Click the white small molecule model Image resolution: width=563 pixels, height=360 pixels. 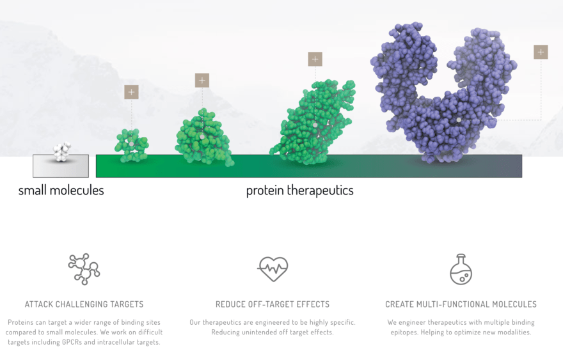point(61,152)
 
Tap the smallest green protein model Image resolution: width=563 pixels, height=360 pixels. point(132,145)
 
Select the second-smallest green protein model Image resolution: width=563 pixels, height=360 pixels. point(203,137)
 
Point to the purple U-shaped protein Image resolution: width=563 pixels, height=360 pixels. point(441,96)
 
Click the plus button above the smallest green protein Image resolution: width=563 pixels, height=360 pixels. point(131,92)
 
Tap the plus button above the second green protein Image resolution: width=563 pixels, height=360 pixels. point(202,81)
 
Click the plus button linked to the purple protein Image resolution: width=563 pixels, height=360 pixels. point(541,52)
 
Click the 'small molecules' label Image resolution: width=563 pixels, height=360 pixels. point(61,191)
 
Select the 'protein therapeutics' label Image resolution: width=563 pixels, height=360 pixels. point(299,191)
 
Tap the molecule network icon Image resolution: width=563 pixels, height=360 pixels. point(84,269)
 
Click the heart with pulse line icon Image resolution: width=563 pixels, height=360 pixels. point(273,269)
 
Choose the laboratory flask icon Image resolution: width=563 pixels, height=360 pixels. point(461,269)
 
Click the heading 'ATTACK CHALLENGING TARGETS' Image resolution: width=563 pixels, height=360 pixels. point(84,304)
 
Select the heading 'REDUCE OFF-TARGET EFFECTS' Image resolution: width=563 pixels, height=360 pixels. point(273,304)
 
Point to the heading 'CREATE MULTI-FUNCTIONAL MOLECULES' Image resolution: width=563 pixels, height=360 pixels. point(461,304)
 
